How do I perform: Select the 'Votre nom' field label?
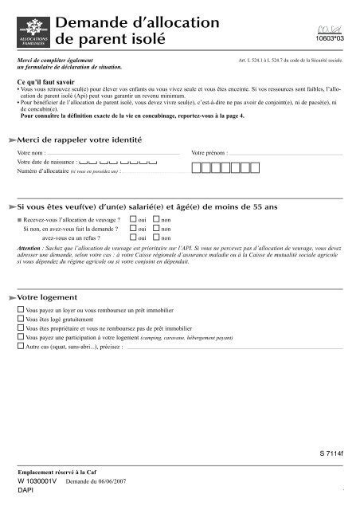33,151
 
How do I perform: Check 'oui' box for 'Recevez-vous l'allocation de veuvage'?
133,218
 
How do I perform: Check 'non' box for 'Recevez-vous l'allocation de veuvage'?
156,218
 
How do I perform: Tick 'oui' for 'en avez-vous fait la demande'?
133,228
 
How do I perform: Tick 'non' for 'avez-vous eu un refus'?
156,237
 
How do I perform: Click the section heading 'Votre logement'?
56,296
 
